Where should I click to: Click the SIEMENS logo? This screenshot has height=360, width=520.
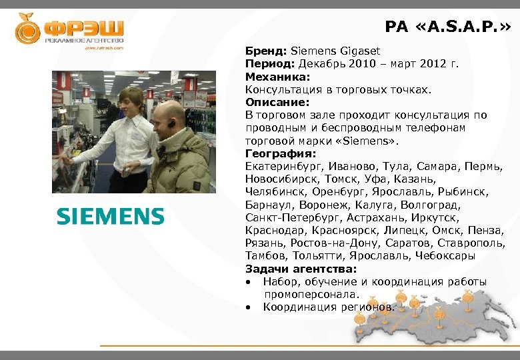110,216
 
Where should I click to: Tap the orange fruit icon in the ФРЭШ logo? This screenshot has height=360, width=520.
27,28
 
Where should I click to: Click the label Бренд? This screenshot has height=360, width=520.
266,51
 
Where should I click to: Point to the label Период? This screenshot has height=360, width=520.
271,63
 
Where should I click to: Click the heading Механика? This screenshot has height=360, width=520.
273,76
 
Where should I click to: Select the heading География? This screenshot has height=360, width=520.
276,153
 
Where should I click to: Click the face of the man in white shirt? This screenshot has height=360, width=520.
133,102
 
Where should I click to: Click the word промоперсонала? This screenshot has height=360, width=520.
311,294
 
